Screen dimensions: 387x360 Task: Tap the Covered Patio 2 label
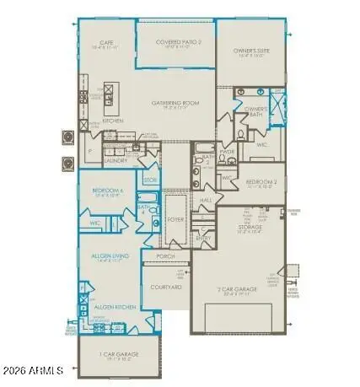(x=175, y=42)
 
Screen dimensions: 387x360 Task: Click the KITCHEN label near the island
(x=114, y=121)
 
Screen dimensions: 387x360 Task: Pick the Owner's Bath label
(x=255, y=110)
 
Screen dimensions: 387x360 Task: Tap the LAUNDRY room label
(x=116, y=159)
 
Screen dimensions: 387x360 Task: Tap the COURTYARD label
(x=165, y=288)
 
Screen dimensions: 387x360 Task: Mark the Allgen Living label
(x=110, y=260)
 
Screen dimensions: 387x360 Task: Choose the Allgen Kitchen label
(x=110, y=308)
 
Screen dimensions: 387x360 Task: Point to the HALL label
(x=206, y=200)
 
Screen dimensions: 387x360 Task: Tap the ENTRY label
(x=205, y=239)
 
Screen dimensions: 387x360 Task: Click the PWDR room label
(x=227, y=153)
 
